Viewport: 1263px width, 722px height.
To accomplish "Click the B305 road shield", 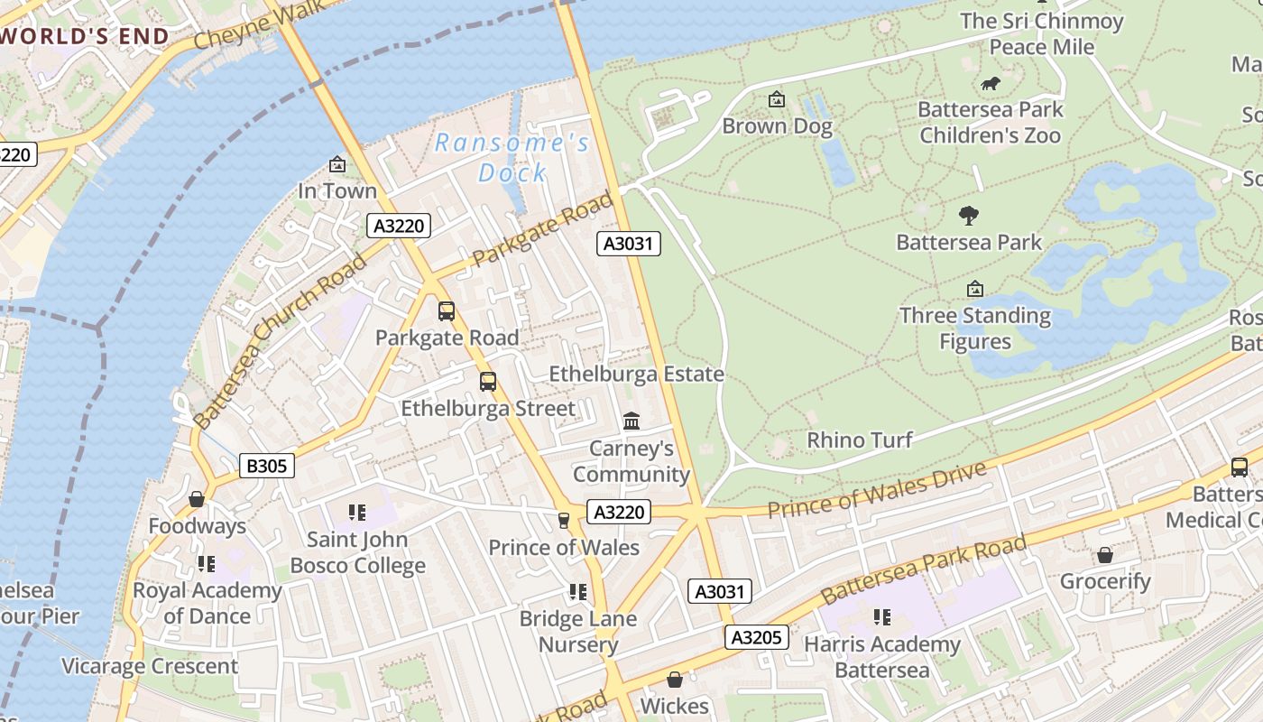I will [x=267, y=466].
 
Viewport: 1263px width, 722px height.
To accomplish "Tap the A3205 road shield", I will [x=756, y=637].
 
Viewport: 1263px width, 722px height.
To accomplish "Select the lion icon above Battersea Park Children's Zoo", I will [x=991, y=84].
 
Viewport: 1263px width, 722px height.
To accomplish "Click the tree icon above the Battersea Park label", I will [x=969, y=216].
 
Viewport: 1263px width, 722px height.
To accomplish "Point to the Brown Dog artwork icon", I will [x=776, y=100].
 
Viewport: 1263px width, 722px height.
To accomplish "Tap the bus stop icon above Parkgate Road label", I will [x=447, y=311].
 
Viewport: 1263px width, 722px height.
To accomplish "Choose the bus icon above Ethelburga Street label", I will [x=488, y=382].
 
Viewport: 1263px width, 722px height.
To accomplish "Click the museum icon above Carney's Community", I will [x=631, y=421].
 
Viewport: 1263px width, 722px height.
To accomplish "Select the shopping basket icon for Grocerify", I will [x=1105, y=555].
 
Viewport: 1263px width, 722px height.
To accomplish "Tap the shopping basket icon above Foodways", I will [x=197, y=499].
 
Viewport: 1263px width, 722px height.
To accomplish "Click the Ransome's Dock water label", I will [x=512, y=157].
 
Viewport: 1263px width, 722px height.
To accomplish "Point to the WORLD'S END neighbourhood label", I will [x=85, y=36].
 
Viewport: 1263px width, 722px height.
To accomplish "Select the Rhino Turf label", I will [x=859, y=440].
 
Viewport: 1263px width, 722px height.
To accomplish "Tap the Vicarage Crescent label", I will [x=150, y=666].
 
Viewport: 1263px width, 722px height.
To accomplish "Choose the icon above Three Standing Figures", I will [x=974, y=289].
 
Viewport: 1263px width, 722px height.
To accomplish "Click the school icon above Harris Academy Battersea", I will [x=881, y=617].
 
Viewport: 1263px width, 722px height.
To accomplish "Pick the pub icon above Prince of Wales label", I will [x=564, y=520].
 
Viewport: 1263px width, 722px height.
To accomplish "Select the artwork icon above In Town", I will [x=337, y=164].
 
